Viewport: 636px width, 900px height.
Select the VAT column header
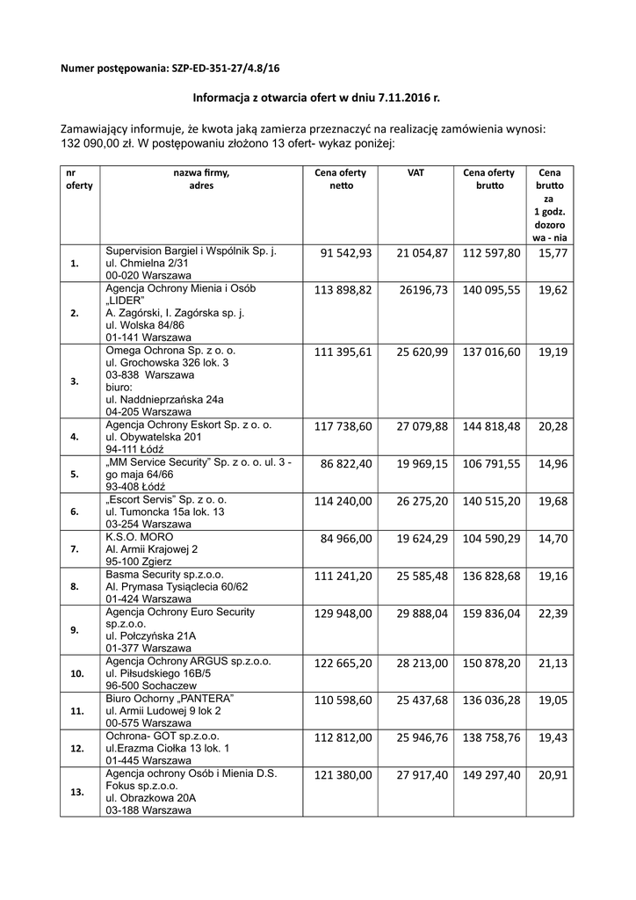416,173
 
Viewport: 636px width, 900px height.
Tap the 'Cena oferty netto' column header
341,179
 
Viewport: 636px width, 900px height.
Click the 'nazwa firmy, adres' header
202,179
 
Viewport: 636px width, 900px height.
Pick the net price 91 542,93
348,253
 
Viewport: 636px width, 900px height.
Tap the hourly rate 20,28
553,426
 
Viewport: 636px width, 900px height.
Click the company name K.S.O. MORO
139,536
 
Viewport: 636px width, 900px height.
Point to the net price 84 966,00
349,538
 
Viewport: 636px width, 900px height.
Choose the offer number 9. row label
75,629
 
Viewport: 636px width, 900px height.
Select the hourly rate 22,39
553,613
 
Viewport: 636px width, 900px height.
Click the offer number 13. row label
76,792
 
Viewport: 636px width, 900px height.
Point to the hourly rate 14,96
553,463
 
